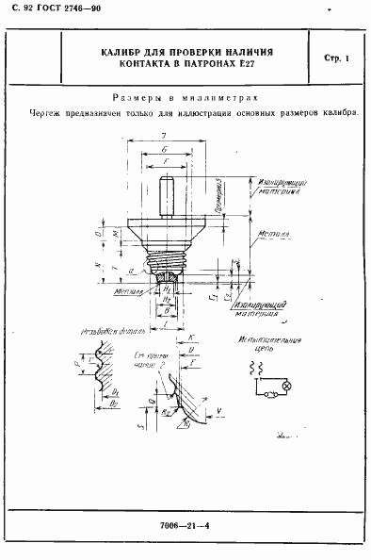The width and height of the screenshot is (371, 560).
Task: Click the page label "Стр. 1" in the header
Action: coord(336,59)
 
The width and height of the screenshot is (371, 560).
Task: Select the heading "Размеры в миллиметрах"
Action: coord(185,97)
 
